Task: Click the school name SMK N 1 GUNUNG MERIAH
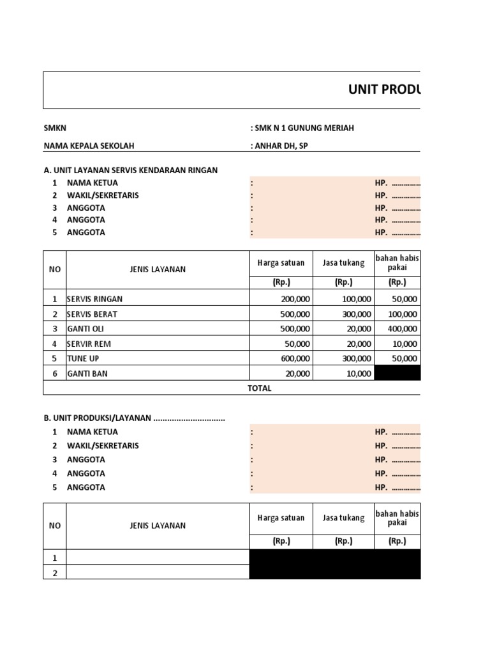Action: (304, 128)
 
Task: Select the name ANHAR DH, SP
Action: (281, 146)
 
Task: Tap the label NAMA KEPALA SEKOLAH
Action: (89, 146)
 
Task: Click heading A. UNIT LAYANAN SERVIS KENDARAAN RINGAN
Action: (131, 170)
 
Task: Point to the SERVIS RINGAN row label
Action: (95, 299)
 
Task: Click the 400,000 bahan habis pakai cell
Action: (401, 329)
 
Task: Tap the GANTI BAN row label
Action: (87, 374)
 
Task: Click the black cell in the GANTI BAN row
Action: (397, 374)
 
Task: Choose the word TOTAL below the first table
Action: (259, 388)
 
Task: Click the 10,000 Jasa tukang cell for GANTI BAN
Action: (356, 374)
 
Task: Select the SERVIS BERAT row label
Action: (92, 314)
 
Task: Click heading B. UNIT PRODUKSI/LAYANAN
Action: (134, 418)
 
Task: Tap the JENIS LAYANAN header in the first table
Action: (158, 270)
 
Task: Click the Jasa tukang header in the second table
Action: (343, 518)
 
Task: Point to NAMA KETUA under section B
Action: (92, 432)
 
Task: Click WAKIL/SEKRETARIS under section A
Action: (103, 195)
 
